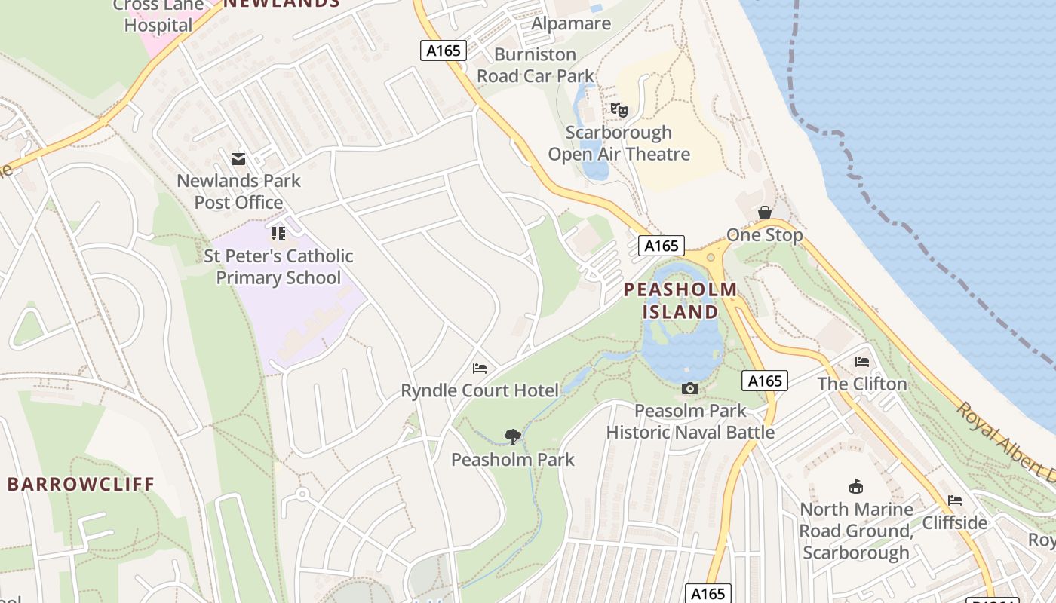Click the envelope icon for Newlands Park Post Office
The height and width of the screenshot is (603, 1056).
238,159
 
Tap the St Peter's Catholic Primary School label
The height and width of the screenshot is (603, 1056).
278,267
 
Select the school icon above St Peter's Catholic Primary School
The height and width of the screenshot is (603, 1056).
278,234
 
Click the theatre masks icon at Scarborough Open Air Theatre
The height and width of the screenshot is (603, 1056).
619,110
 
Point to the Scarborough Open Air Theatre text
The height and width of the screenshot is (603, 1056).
619,143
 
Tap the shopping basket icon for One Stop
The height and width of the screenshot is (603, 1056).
765,213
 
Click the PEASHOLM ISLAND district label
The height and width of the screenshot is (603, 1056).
680,300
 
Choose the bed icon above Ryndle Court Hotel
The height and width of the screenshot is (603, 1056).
480,369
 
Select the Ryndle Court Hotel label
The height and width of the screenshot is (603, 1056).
480,390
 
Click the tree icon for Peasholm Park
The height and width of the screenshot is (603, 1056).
513,436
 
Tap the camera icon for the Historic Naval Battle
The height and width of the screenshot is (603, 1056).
689,389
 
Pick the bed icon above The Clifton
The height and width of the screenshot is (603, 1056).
862,362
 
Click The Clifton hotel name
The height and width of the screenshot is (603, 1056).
862,384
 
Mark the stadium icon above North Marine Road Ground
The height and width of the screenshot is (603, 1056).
856,487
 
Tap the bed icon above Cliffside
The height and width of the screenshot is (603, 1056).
955,500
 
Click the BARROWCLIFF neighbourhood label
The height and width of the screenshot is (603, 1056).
81,484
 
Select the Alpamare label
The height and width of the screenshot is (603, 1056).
571,23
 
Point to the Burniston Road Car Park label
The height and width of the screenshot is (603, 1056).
536,65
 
